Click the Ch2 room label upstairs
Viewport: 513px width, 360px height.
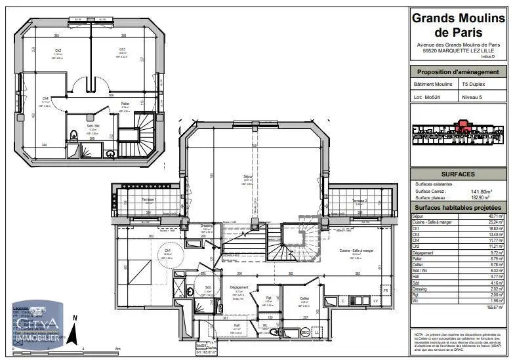(58, 50)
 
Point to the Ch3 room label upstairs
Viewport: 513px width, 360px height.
(122, 50)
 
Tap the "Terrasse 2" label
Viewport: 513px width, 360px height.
(358, 201)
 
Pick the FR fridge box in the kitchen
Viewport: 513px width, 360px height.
(386, 289)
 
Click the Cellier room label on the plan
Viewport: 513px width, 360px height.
(304, 298)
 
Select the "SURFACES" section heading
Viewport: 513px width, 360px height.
(458, 174)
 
